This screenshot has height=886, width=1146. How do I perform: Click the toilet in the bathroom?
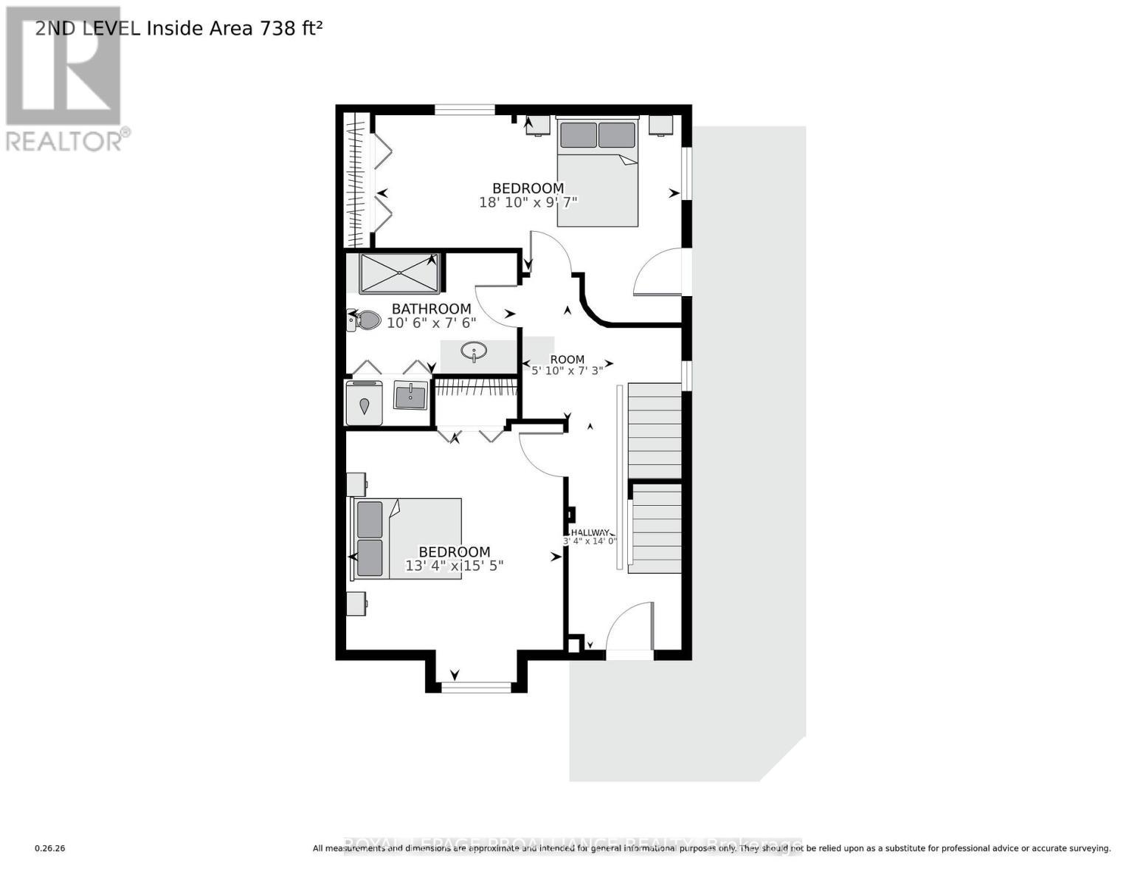[x=365, y=320]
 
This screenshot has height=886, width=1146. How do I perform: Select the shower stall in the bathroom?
[x=399, y=273]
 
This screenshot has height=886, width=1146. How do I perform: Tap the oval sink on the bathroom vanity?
[x=472, y=352]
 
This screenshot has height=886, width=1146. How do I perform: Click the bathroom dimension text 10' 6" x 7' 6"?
[x=432, y=323]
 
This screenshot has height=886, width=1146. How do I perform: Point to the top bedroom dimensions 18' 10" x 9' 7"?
[x=528, y=202]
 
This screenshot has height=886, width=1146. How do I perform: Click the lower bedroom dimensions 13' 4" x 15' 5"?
[x=454, y=566]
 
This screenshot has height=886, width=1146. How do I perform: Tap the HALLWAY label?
[x=590, y=532]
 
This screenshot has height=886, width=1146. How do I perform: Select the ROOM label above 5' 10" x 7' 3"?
[x=567, y=360]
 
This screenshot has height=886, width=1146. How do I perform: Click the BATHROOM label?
[x=431, y=309]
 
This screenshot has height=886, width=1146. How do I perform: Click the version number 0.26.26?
[x=50, y=848]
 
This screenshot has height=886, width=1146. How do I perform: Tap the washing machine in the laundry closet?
[x=364, y=404]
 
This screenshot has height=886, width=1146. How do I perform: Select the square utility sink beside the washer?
[x=410, y=395]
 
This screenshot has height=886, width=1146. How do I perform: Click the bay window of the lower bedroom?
[x=476, y=687]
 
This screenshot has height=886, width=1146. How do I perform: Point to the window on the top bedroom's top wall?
[x=464, y=110]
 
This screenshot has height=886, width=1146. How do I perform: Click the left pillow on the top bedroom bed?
[x=578, y=135]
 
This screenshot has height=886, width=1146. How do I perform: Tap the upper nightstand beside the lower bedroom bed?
[x=356, y=484]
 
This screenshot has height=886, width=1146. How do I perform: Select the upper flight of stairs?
[x=654, y=430]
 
